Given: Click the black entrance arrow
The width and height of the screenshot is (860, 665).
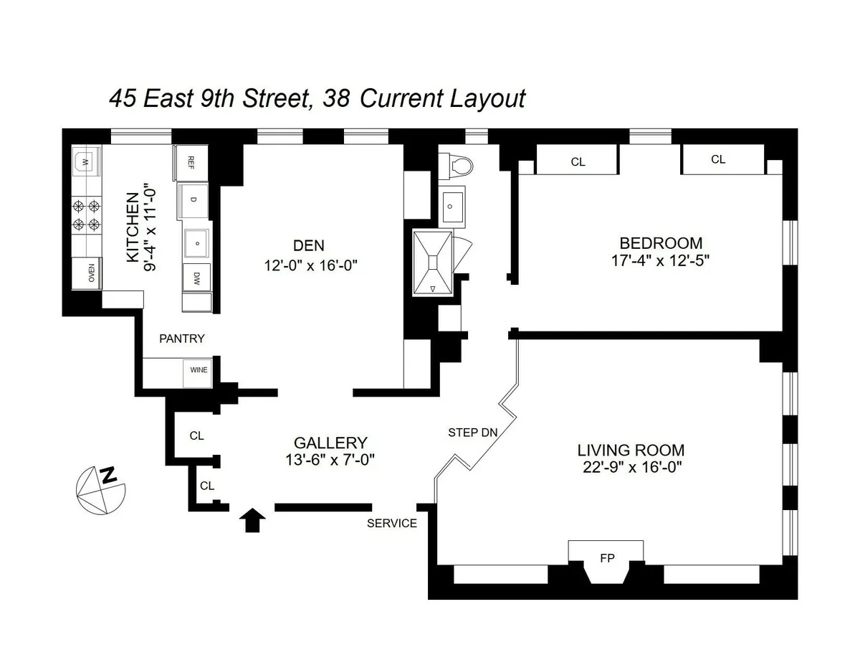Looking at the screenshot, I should point(251,520).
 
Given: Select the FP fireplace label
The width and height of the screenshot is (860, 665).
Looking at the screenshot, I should point(606,559).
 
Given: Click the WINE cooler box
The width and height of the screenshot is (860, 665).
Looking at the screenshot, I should point(199,370).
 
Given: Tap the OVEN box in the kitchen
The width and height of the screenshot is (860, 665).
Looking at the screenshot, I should point(90,274).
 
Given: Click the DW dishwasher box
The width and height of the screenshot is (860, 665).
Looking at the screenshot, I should point(196,278).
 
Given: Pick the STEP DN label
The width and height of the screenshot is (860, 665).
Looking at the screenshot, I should point(472,433).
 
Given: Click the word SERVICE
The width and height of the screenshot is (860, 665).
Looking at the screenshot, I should point(391,524).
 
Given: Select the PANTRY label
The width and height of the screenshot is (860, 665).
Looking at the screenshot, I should point(182,339).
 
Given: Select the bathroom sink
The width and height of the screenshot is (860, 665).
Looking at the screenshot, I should point(451,206).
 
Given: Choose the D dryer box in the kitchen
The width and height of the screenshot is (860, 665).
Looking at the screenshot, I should point(192,199).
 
